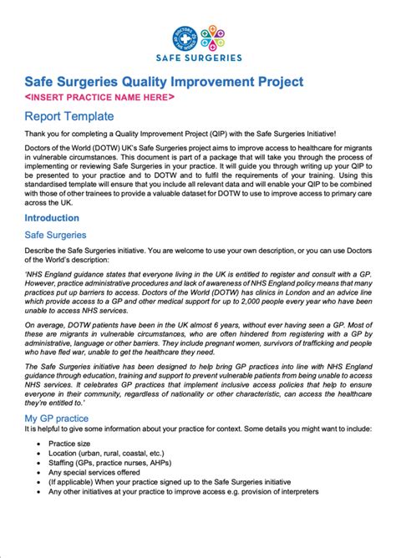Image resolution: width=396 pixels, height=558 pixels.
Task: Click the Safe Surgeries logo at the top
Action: tap(198, 43)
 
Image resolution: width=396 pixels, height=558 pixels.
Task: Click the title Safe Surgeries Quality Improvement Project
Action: tap(163, 82)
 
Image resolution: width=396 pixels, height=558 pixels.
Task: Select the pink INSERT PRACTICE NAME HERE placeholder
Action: tap(99, 97)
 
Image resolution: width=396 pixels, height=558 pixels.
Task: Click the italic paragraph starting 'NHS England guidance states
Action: tap(198, 293)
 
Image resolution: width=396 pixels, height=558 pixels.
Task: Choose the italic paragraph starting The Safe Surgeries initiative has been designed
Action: tap(198, 403)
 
